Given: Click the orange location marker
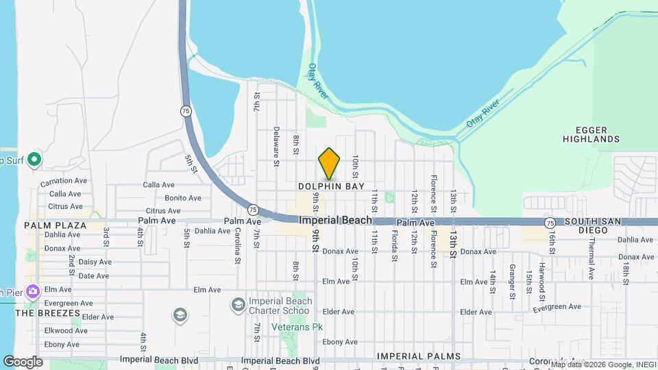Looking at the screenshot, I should coord(330,163).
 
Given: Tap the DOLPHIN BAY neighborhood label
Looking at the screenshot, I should coord(331,186).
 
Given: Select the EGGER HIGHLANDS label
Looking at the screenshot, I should coord(591,134).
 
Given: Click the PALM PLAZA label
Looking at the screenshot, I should coord(55,225).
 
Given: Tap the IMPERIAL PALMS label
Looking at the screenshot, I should coord(418,357).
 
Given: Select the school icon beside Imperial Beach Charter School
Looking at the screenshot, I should coord(238,304).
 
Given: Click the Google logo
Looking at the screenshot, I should coord(23,361).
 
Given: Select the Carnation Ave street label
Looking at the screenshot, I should coord(64,181).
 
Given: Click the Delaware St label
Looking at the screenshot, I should coord(276,147).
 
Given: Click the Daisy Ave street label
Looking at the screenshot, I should coord(95,262).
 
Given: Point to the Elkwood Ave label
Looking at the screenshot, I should coord(62,330).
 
